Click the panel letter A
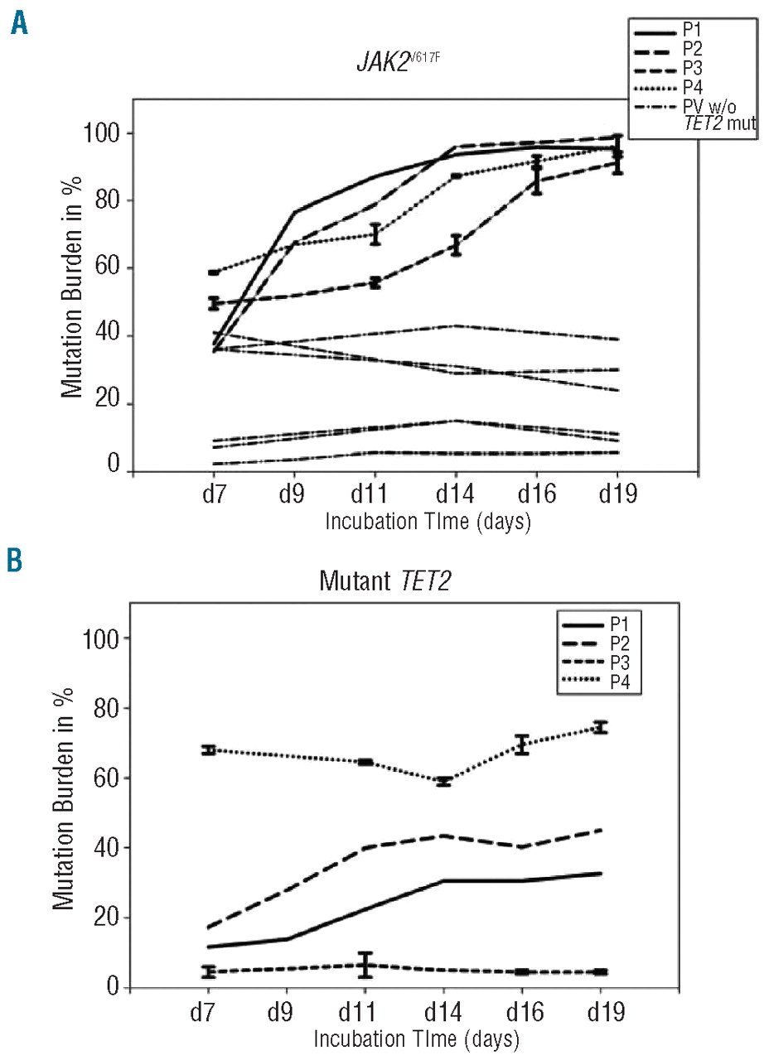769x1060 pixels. click(19, 22)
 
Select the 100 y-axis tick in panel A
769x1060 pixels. click(105, 133)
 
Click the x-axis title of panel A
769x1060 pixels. click(428, 523)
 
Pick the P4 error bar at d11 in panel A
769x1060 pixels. click(375, 234)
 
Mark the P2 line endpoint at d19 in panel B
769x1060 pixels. click(600, 830)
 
